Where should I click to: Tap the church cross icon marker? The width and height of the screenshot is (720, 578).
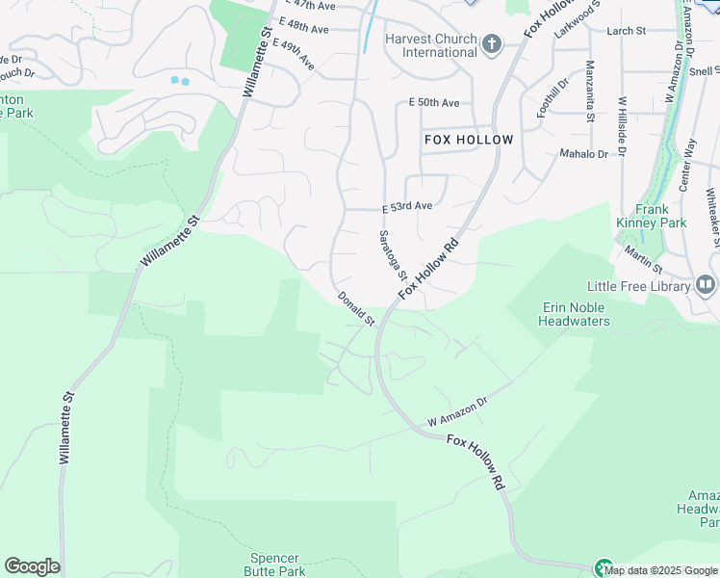(492, 43)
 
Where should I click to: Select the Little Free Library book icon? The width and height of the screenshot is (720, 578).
(706, 285)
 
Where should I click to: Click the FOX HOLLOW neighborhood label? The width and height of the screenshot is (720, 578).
(469, 140)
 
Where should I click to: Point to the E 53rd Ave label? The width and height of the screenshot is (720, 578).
(407, 206)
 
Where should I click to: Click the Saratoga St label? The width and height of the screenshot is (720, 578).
(393, 254)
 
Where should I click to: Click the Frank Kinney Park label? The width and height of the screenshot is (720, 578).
(652, 216)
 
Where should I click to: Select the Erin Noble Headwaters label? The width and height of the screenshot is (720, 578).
(576, 314)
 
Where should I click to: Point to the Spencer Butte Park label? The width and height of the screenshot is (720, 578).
(275, 565)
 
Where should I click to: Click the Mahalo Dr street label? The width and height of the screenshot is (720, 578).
(584, 154)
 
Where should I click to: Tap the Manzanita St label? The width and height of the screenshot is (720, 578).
(589, 92)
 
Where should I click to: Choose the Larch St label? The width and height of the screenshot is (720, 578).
(626, 31)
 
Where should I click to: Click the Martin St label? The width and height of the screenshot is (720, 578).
(642, 258)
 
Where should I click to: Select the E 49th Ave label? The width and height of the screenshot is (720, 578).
(294, 55)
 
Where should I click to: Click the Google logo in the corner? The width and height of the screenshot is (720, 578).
(32, 566)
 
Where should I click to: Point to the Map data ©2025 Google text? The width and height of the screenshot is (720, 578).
(661, 570)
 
